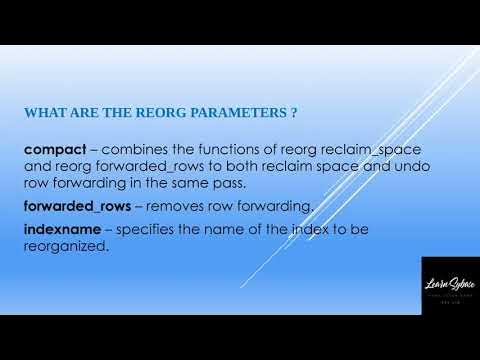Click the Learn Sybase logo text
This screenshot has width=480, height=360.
click(449, 286)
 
